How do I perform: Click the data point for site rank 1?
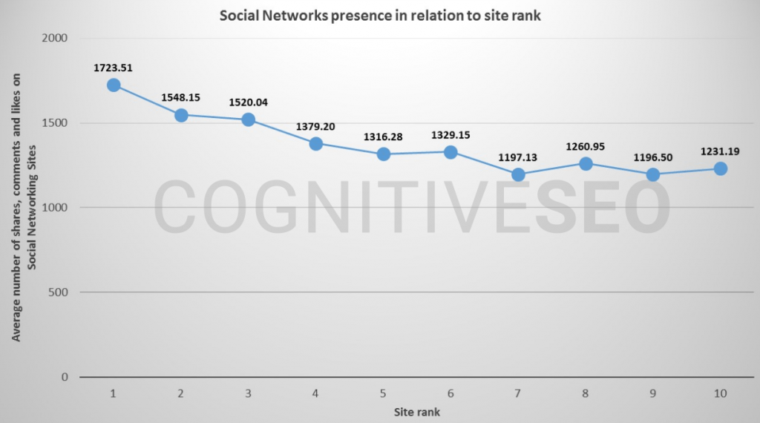114,85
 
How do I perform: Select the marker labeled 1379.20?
315,143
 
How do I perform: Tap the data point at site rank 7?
518,174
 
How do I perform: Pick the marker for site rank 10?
720,168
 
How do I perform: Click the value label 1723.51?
114,68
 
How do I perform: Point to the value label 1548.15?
181,97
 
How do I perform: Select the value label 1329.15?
451,135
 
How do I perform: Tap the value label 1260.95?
586,146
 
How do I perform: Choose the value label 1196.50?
653,157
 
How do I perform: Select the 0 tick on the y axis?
64,377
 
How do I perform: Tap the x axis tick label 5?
383,393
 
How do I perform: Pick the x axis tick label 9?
653,393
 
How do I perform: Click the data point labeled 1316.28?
383,154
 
